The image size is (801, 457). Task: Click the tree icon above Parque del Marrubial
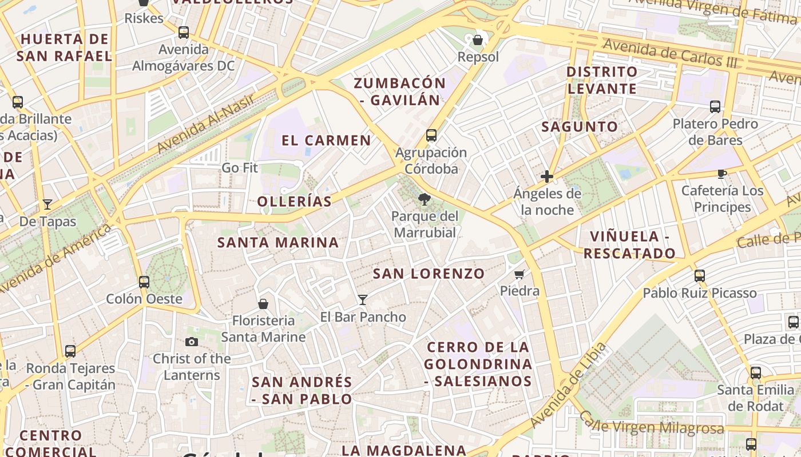coord(424,199)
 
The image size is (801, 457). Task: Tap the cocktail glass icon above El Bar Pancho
coord(362,299)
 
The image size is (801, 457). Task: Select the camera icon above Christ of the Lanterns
coord(192,342)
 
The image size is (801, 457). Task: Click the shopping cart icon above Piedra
coord(520,274)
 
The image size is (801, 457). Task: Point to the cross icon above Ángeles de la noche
coord(547,177)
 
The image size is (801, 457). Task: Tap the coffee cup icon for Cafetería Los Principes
coord(722,174)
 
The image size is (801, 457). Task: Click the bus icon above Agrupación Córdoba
coord(431,135)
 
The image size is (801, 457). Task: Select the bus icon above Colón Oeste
coord(144,282)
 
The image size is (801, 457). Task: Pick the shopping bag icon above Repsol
coord(478,40)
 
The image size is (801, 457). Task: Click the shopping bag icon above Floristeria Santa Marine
coord(263,303)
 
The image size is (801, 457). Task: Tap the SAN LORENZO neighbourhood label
coord(429,274)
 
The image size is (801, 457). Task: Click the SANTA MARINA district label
coord(278,242)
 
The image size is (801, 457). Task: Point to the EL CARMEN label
coord(326,141)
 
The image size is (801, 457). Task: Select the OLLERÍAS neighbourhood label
coord(294,201)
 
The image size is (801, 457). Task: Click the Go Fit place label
coord(240,168)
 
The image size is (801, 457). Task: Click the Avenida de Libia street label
coord(568,385)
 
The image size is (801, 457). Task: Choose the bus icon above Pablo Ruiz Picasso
coord(699,276)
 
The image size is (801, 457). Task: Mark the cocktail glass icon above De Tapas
coord(47,205)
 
